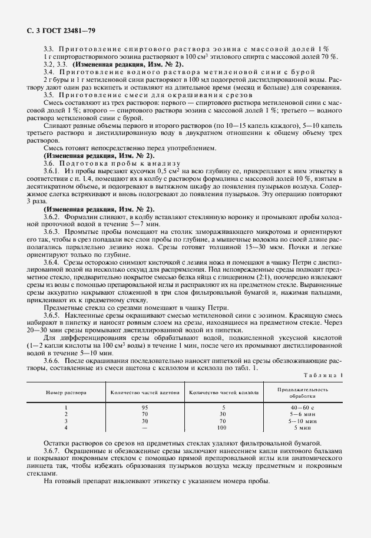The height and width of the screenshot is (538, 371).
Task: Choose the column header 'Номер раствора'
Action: tap(67, 392)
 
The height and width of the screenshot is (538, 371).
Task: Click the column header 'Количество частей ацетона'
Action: tap(144, 392)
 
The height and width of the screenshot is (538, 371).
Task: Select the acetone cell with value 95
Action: tap(144, 407)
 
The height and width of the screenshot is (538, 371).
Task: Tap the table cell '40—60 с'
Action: tap(304, 407)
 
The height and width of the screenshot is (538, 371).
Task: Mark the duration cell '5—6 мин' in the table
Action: tap(304, 414)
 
